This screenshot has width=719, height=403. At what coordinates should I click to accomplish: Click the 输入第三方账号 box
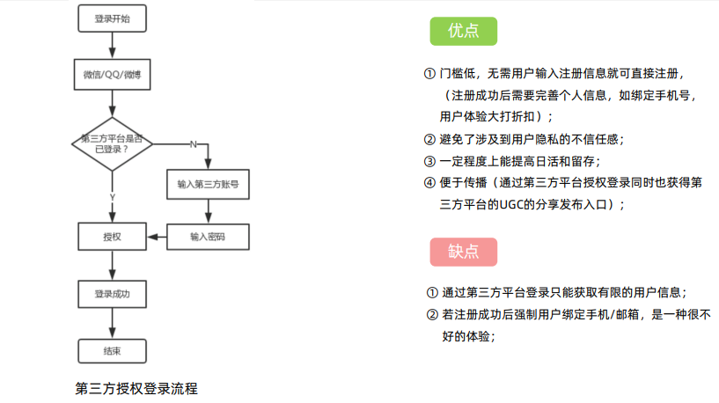(208, 185)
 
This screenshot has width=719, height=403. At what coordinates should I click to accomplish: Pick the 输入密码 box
(208, 237)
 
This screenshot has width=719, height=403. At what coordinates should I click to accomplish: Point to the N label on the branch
(192, 143)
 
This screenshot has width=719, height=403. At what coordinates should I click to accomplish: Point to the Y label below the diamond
(112, 195)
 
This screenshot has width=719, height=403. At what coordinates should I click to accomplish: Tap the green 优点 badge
(463, 31)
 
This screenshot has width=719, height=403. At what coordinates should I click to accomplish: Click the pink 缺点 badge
(463, 252)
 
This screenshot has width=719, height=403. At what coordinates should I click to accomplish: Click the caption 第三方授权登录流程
(136, 387)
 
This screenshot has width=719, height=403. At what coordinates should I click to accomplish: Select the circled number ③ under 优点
(429, 161)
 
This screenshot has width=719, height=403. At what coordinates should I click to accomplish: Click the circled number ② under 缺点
(431, 314)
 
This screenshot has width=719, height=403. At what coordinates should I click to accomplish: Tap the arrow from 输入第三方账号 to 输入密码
(208, 211)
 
